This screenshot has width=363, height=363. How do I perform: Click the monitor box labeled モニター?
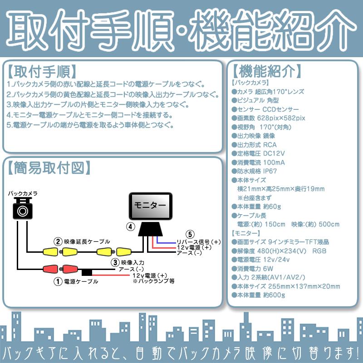pyautogui.click(x=151, y=206)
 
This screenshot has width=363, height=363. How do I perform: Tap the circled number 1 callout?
pyautogui.click(x=58, y=281)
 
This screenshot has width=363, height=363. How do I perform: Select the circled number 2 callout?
pyautogui.click(x=58, y=241)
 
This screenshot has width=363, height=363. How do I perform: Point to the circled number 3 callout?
pyautogui.click(x=116, y=262)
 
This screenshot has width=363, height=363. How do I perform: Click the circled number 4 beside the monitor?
pyautogui.click(x=130, y=226)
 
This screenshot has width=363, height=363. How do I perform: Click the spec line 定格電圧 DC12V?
pyautogui.click(x=258, y=153)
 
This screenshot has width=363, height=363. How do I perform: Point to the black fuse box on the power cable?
pyautogui.click(x=87, y=273)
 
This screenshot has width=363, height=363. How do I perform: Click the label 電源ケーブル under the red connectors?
pyautogui.click(x=81, y=282)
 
